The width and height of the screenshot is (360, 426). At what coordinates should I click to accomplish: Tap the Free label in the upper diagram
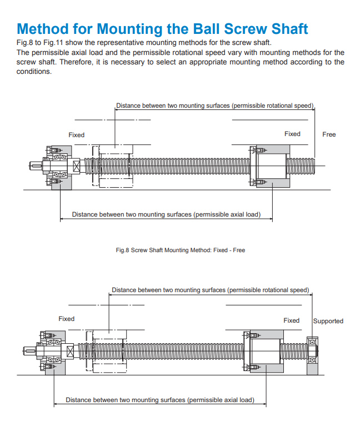coord(329,134)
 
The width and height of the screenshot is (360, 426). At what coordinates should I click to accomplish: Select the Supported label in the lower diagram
coord(328,321)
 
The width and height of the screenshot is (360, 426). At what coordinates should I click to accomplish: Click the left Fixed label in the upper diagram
coord(77,135)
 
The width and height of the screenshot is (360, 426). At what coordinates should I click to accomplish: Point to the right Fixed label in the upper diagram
coord(292,134)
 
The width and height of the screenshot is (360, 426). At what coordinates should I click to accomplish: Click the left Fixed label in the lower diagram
coord(66,319)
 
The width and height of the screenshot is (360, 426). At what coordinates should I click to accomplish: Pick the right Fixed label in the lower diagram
coord(291,320)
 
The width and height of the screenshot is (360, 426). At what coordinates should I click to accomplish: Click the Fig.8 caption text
coord(180,250)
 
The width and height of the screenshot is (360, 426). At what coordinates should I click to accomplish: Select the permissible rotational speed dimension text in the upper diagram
coord(215,106)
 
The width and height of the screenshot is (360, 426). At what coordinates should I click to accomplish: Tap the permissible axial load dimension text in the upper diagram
coord(166,214)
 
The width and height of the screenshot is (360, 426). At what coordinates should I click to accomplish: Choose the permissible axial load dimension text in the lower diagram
coord(160,400)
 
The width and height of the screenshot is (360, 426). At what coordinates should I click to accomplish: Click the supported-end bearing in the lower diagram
coord(312,351)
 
